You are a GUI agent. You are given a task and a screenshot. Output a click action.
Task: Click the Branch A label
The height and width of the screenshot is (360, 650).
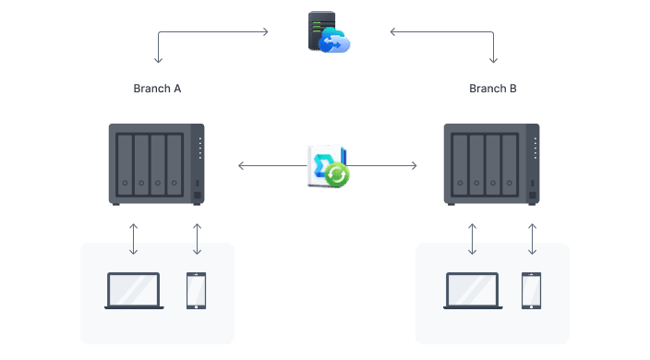158,89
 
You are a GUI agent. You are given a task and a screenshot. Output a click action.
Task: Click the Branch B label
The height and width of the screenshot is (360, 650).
493,89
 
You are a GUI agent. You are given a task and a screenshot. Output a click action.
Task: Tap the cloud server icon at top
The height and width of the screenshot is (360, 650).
328,32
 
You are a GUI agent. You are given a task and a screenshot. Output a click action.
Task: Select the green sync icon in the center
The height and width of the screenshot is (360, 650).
336,174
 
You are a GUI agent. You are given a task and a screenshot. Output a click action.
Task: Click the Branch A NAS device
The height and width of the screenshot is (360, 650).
156,164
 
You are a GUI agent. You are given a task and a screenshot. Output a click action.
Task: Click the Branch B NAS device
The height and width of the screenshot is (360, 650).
491,164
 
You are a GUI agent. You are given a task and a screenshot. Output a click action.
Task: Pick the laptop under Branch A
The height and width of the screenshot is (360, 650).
134,290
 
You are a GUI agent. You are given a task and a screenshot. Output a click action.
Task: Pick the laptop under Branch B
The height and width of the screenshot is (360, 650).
473,290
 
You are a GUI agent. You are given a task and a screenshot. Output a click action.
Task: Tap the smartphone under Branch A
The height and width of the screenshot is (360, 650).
197,290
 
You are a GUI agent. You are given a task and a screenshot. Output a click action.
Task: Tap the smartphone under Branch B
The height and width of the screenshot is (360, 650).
532,290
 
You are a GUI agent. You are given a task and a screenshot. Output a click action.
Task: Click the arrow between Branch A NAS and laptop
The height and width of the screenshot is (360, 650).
134,238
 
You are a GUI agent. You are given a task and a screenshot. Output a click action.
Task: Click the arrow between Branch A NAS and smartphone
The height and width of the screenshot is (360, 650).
197,238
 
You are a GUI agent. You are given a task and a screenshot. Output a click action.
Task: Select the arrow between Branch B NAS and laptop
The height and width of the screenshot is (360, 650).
473,238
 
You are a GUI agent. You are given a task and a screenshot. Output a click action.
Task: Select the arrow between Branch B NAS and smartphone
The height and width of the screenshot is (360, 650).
532,238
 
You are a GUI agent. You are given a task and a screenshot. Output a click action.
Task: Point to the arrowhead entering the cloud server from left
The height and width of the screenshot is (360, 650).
266,32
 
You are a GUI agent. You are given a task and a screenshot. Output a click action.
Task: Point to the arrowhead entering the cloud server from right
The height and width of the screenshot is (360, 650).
392,32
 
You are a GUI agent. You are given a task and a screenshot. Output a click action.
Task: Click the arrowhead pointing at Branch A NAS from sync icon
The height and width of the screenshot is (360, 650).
241,166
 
